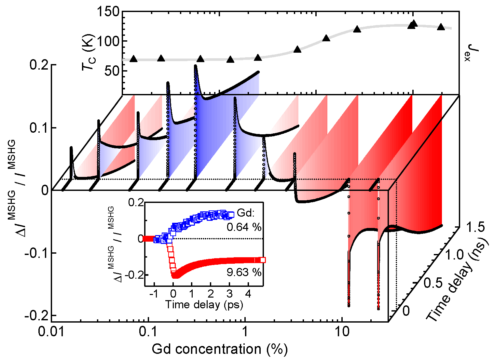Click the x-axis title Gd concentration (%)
point(220,349)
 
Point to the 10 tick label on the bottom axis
point(341,332)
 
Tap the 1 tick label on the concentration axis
point(245,332)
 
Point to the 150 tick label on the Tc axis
point(108,12)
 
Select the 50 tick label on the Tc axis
point(112,71)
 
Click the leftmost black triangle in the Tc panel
point(133,59)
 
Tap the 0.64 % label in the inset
point(244,227)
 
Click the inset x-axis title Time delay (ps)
point(204,304)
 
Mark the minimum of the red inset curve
point(175,276)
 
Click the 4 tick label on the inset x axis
point(248,294)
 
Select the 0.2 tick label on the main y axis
point(39,65)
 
